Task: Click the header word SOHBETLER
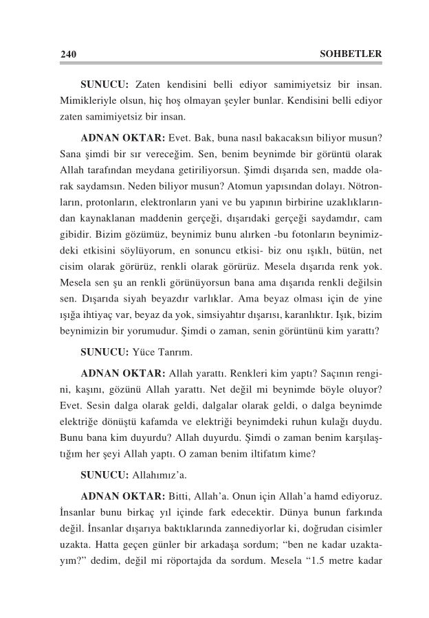(351, 54)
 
